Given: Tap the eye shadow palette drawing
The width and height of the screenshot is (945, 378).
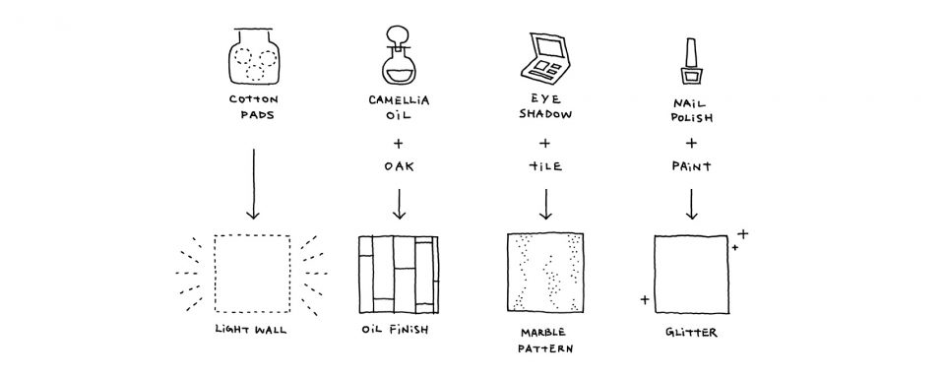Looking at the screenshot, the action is tap(544, 58).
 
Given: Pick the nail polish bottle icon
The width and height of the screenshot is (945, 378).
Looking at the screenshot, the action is tap(691, 60).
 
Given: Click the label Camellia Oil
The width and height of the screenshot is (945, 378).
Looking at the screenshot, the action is tap(399, 106).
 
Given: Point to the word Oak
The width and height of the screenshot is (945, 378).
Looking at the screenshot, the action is tap(399, 166).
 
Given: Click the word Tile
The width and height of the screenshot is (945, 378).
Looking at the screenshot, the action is tap(545, 166).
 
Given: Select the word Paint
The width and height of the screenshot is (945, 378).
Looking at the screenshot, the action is tap(691, 166).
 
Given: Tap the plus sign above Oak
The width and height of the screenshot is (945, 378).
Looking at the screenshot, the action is tap(398, 144).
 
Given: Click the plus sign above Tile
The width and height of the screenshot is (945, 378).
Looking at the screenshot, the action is tap(544, 144).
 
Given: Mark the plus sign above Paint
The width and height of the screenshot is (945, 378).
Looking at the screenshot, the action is tap(691, 144).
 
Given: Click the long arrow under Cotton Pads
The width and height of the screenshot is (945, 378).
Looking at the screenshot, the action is tap(253, 184).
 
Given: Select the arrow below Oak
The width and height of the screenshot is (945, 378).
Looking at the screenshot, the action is tap(399, 204).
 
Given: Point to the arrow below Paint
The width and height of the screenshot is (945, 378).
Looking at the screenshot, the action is tap(691, 204).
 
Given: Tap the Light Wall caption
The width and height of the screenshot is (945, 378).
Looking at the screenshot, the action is tap(251, 330).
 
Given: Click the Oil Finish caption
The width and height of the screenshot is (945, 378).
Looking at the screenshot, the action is tap(396, 330).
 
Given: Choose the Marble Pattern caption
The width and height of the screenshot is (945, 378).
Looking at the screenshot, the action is tap(544, 340).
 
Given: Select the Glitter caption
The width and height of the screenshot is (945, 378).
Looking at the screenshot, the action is tap(691, 332).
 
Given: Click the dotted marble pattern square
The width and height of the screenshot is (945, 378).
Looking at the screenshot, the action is tap(545, 272).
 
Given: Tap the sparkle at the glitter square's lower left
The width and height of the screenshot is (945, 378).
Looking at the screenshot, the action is tap(645, 299).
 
